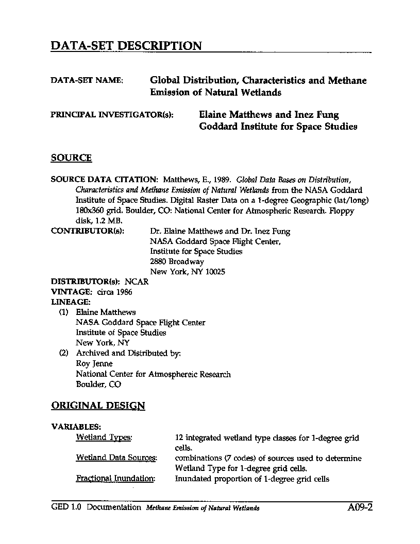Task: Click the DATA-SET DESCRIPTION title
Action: click(126, 46)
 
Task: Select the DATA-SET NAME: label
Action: click(87, 81)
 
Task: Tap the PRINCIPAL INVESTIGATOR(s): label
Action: click(112, 115)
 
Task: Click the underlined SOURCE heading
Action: click(71, 158)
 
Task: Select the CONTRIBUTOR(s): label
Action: click(88, 231)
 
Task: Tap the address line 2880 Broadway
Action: click(177, 262)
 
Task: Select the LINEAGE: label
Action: click(71, 302)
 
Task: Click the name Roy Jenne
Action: click(94, 363)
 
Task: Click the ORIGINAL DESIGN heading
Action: click(98, 406)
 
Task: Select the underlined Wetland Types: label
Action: click(104, 437)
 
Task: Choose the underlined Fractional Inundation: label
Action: click(115, 478)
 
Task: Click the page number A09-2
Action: click(360, 507)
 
